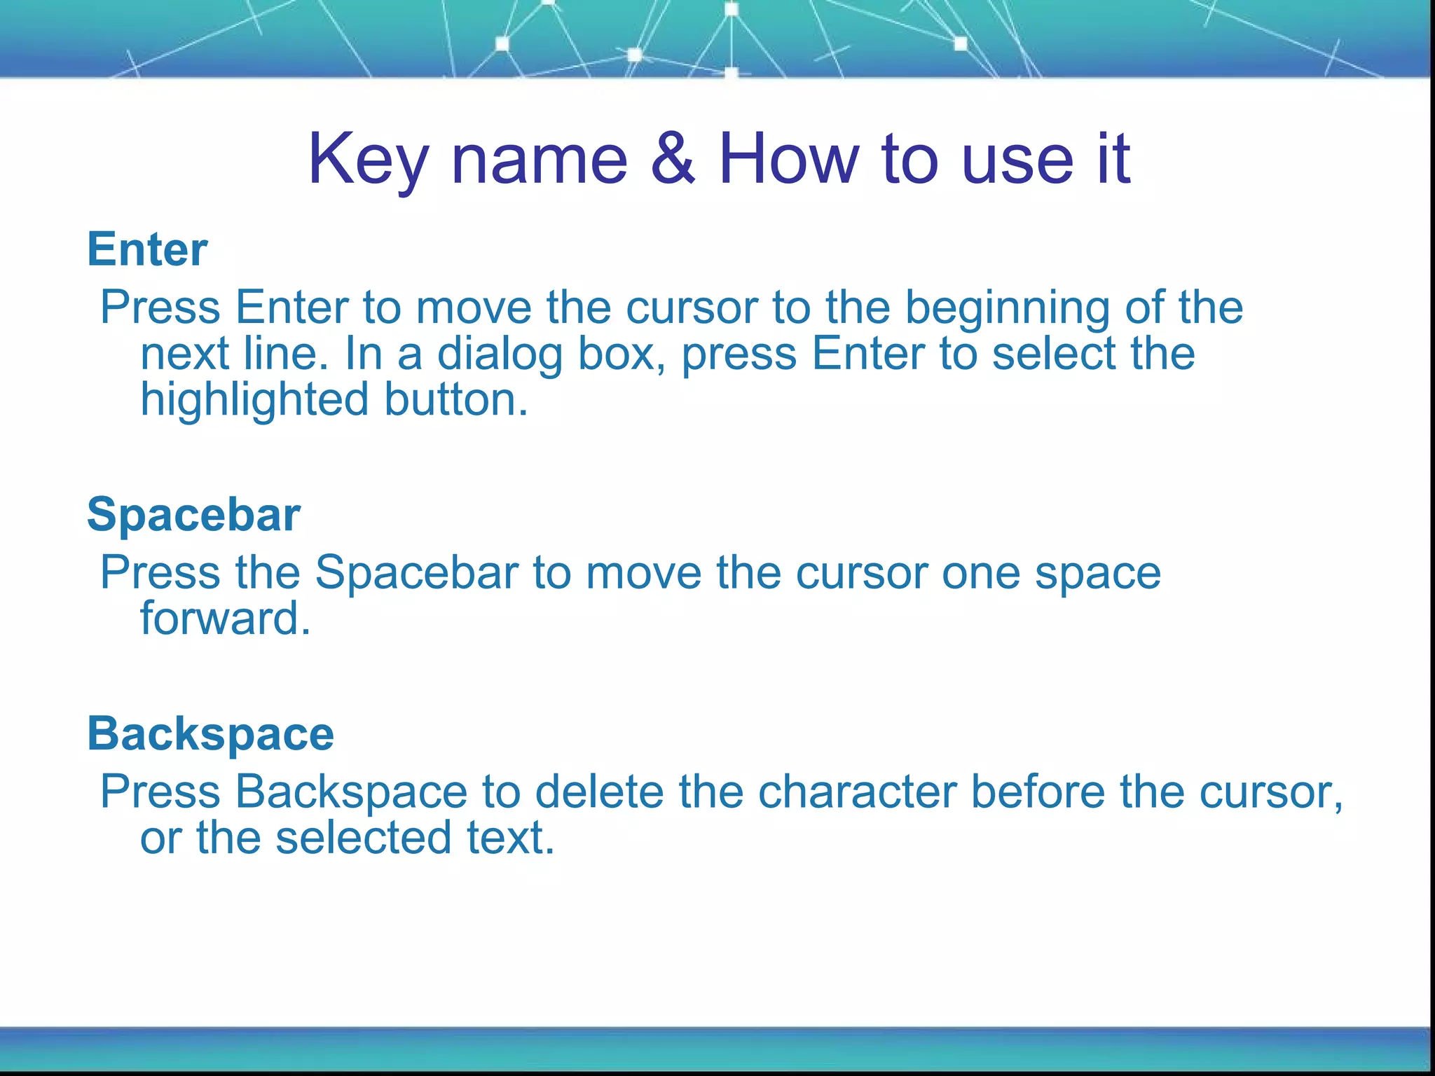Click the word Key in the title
[x=367, y=160]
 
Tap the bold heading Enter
[x=147, y=249]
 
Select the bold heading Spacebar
[x=194, y=515]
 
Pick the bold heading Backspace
[x=210, y=734]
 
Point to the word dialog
[x=500, y=354]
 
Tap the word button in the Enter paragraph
[x=455, y=399]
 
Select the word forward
[x=225, y=619]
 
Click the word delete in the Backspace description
[x=599, y=792]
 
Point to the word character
[x=858, y=792]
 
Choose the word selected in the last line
[x=364, y=838]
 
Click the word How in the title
[x=788, y=160]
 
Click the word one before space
[x=981, y=573]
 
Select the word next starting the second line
[x=184, y=354]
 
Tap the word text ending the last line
[x=511, y=838]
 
